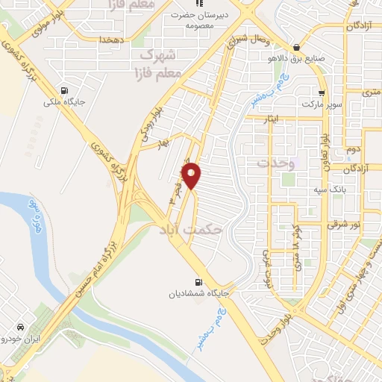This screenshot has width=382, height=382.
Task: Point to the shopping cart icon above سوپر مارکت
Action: point(321,94)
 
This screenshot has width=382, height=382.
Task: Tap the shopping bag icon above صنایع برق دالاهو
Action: point(296,43)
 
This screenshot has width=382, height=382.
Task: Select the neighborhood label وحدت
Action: point(277,162)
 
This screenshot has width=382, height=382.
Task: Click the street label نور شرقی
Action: point(345,225)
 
